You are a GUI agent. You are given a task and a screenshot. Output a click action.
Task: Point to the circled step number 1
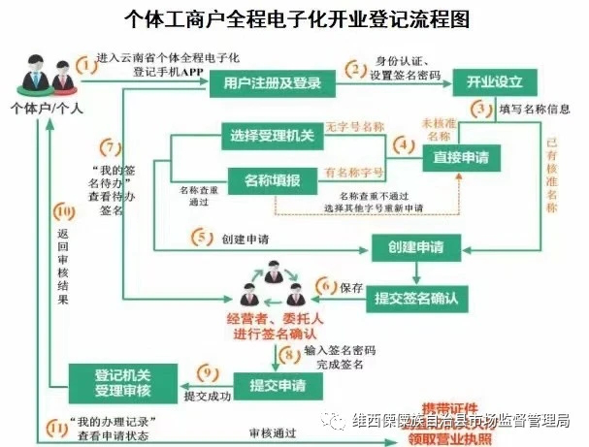(88, 65)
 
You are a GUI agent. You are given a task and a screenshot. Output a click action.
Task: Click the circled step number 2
(357, 69)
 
